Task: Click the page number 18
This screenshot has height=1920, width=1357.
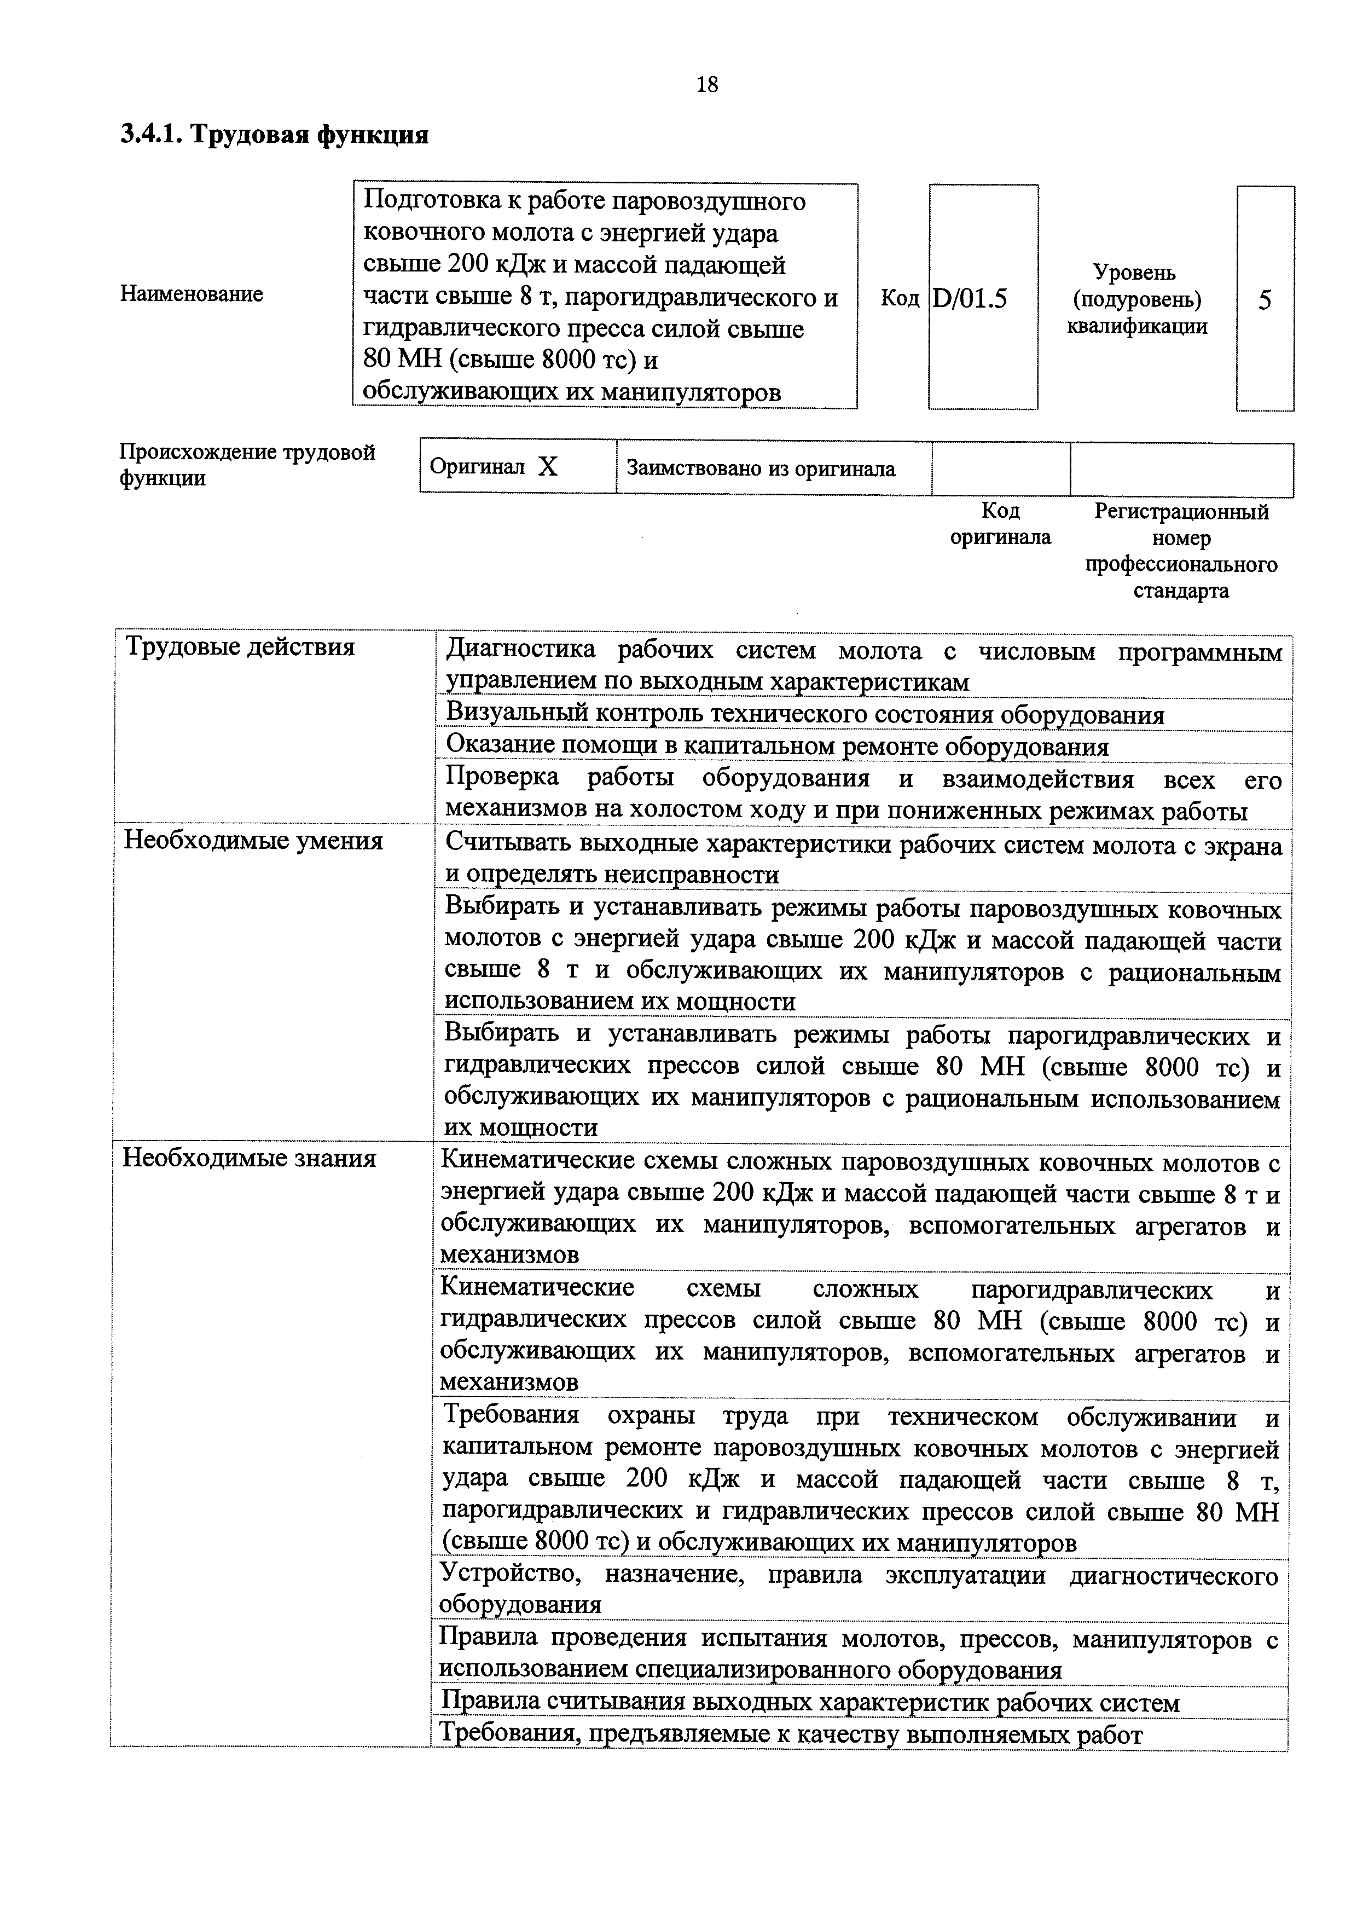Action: click(x=706, y=84)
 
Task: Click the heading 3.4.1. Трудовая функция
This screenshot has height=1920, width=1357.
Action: click(x=274, y=135)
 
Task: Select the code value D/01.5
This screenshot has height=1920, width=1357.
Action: click(x=970, y=298)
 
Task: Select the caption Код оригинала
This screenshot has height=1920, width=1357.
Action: click(x=1000, y=523)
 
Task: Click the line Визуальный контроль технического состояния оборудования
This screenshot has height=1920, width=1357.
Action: click(x=804, y=714)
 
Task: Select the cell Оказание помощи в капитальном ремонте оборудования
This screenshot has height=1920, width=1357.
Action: click(x=777, y=746)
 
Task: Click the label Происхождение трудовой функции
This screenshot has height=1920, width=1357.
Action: click(x=247, y=465)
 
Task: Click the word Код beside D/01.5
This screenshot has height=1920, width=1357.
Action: click(x=899, y=298)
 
